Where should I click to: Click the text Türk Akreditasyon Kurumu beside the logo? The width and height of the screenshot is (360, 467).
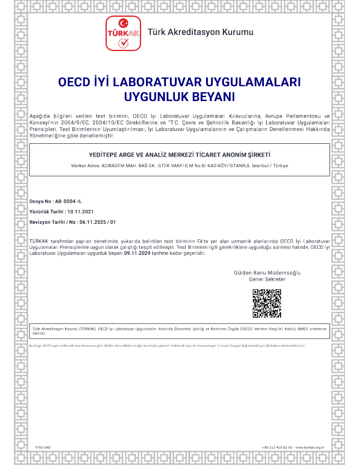click(x=200, y=32)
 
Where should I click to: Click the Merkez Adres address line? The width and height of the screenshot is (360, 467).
click(x=179, y=166)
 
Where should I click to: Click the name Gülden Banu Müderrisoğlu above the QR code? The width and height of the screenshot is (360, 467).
click(x=267, y=273)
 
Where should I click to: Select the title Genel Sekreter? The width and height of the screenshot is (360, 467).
click(x=267, y=279)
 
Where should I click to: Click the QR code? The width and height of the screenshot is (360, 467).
click(x=267, y=303)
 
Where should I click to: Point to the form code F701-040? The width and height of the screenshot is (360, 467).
click(x=43, y=447)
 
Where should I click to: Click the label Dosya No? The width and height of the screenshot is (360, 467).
click(x=41, y=201)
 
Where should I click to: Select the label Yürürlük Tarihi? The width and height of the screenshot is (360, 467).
click(x=46, y=212)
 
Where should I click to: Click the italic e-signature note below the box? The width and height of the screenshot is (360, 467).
click(x=167, y=345)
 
